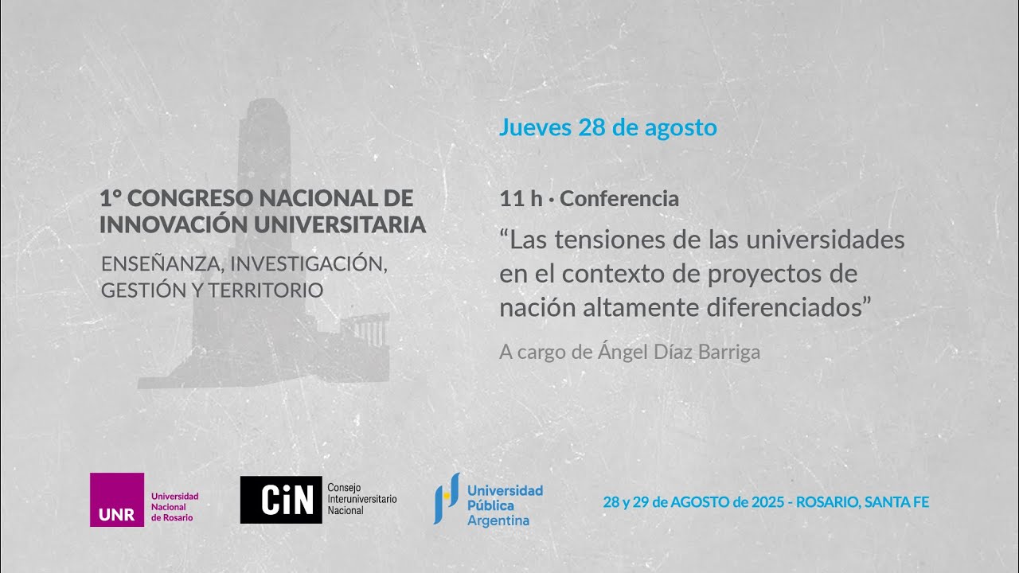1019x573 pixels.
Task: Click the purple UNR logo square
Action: click(117, 500)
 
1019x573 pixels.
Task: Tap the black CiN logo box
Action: click(281, 500)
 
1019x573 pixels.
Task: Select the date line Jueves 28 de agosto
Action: click(607, 127)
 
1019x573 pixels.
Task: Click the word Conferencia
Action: click(619, 199)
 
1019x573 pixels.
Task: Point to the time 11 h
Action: click(521, 199)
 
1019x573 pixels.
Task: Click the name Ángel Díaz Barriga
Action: click(679, 352)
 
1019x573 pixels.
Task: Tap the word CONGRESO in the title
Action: click(188, 198)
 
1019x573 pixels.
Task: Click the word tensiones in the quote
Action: click(619, 240)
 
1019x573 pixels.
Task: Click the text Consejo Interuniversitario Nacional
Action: click(361, 498)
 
